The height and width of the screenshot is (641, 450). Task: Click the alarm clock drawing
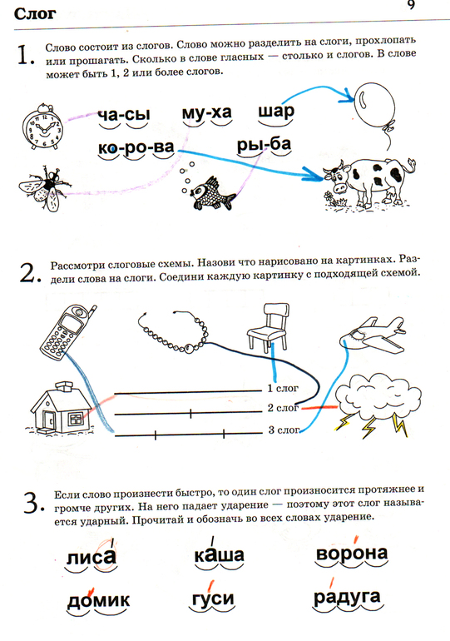(42, 127)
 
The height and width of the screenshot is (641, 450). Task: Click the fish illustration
(208, 191)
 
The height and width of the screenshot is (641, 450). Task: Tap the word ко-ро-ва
(136, 147)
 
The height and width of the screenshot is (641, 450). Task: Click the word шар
(276, 112)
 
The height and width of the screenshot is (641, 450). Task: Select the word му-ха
(206, 112)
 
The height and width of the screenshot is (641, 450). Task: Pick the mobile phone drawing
(67, 332)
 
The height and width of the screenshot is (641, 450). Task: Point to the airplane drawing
(373, 335)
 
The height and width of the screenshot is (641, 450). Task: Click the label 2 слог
(283, 408)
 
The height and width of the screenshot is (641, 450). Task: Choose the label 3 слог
(284, 430)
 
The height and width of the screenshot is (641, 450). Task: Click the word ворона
(352, 554)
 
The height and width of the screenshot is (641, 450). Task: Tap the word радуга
(347, 598)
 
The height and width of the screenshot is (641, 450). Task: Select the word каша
(219, 555)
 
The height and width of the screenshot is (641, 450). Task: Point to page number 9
(411, 5)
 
